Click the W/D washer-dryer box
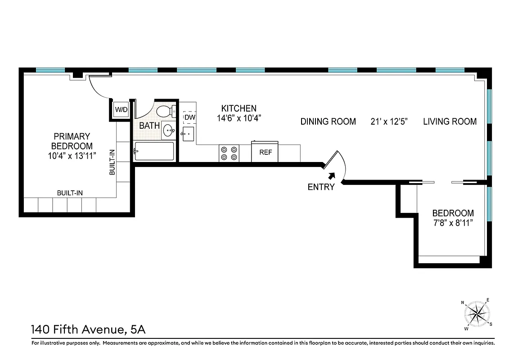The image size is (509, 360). tap(120, 110)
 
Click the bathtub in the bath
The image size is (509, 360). tap(154, 151)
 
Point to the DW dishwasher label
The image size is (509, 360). tap(189, 117)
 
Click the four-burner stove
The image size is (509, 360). tap(229, 153)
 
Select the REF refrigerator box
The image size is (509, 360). tap(266, 152)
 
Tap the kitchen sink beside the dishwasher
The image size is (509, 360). tap(189, 134)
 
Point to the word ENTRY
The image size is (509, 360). tap(321, 187)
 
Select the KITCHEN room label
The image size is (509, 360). tap(239, 108)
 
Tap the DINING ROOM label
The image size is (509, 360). tap(328, 121)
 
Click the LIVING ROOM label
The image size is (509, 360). tap(450, 121)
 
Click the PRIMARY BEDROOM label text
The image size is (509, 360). tap(72, 141)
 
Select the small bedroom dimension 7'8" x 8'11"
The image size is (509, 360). tap(453, 223)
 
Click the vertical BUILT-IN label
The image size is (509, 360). tap(112, 162)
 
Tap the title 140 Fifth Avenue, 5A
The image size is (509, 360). tap(88, 330)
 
